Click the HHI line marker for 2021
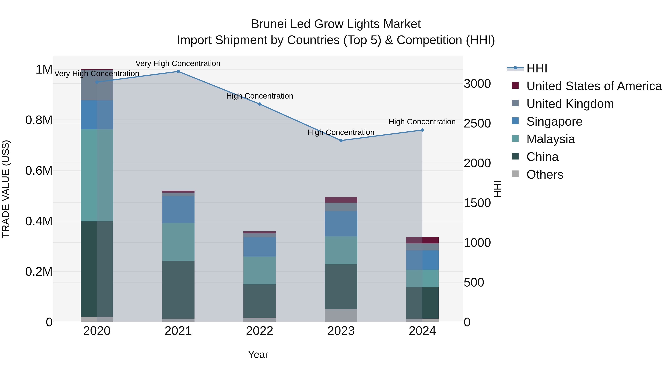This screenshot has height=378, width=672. point(178,71)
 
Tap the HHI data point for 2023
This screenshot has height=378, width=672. point(341,141)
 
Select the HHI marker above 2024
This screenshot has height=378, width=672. point(422,130)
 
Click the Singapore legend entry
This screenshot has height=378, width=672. point(554,122)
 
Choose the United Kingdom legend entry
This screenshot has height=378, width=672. point(570,104)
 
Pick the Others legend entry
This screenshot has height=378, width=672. point(545,175)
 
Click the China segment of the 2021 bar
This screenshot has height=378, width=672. point(178,290)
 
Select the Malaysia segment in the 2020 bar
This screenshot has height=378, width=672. point(97,175)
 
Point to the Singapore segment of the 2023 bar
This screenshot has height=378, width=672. point(341,224)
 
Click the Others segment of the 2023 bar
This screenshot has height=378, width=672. point(341,315)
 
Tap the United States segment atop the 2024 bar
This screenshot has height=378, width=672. point(422,240)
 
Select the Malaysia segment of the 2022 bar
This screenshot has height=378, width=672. point(260,270)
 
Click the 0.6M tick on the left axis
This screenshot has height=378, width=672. point(39,171)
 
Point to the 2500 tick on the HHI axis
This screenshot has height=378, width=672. point(477,123)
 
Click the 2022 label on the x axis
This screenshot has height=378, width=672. point(260,331)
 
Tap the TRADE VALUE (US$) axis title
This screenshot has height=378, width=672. point(6,189)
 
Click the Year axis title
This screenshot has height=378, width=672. point(258,354)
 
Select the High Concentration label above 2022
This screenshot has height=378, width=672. point(260,96)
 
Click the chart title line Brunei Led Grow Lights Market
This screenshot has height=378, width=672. point(336,24)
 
